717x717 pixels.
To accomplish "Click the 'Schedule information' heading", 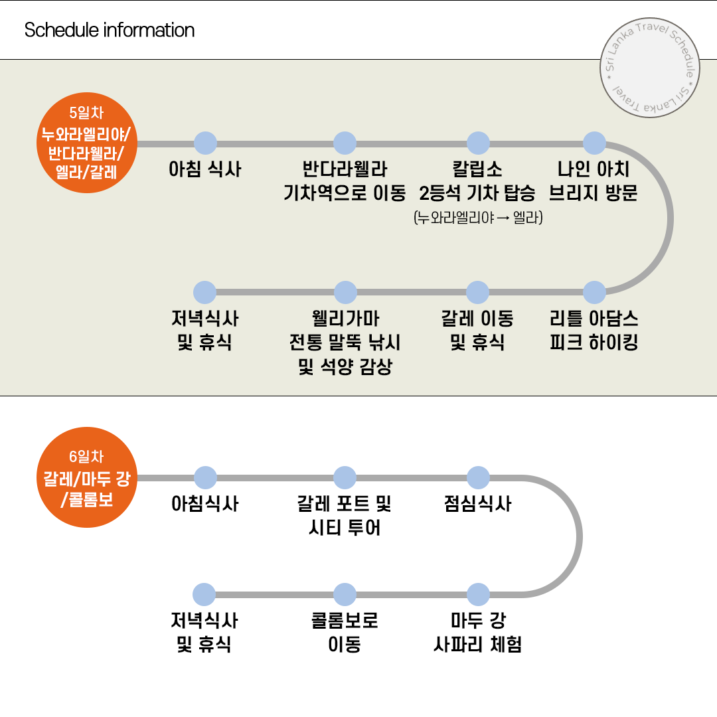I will tap(110, 31).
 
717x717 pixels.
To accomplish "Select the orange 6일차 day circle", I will tap(86, 477).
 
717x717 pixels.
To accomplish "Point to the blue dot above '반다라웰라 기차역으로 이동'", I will tap(345, 143).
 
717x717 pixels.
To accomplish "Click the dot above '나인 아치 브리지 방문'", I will tap(594, 143).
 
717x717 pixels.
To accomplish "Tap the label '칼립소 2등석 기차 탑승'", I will tap(477, 181).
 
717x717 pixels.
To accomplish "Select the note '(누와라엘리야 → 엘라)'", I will tap(477, 218).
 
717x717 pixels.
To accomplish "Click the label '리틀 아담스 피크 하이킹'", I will tap(594, 331).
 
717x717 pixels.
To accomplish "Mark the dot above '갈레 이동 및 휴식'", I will tap(477, 292).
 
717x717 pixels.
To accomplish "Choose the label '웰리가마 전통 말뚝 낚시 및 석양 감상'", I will tap(345, 343).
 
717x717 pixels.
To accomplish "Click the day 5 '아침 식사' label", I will tap(205, 170).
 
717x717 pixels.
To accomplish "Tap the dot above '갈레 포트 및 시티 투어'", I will tap(345, 477).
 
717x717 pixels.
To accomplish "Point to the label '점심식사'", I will tap(477, 504).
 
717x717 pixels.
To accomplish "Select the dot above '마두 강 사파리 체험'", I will tap(477, 594).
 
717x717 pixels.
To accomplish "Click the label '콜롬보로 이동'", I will tap(345, 632).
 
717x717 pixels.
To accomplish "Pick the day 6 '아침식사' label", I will tap(205, 504).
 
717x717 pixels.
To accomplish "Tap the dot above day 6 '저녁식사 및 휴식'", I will tap(204, 594).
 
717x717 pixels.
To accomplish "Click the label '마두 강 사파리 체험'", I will tap(477, 632).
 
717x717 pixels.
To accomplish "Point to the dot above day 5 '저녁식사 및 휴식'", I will tap(204, 292).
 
